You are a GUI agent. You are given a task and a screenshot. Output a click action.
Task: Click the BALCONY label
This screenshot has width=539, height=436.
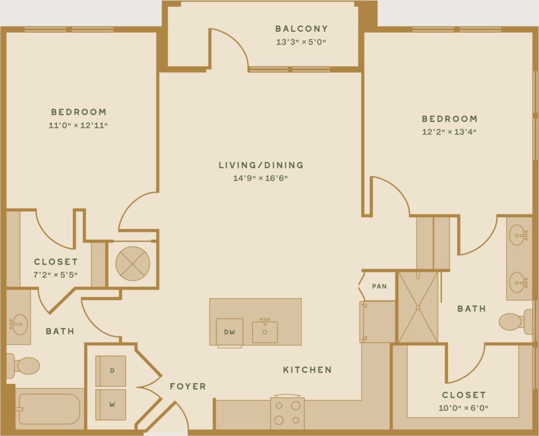301,29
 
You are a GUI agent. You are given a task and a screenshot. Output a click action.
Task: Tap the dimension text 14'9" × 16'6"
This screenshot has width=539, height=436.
261,178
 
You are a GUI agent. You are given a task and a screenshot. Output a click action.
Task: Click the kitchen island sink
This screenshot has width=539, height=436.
265,332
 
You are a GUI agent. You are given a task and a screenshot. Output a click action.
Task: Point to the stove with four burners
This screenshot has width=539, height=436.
287,413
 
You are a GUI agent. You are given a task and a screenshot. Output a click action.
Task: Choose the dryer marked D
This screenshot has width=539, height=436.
111,371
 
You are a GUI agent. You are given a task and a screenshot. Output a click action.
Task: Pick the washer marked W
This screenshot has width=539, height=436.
111,403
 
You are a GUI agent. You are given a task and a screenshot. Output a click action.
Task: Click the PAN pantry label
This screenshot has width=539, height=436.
379,286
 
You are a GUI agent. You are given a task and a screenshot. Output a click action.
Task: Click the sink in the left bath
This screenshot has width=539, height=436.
18,324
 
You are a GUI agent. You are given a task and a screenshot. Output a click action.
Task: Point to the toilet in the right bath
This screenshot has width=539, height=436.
512,322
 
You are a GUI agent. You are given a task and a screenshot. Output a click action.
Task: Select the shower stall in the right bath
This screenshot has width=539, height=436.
418,307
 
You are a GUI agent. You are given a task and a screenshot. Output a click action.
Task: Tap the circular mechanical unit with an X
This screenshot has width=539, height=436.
133,264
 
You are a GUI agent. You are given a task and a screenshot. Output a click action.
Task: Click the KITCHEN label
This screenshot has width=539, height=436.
307,370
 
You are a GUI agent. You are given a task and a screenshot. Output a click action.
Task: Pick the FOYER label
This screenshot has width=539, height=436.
188,386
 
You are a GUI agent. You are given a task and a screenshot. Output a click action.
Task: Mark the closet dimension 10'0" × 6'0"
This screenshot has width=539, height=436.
463,408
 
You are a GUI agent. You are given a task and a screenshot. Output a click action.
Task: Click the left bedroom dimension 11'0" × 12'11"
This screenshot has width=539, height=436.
79,125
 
